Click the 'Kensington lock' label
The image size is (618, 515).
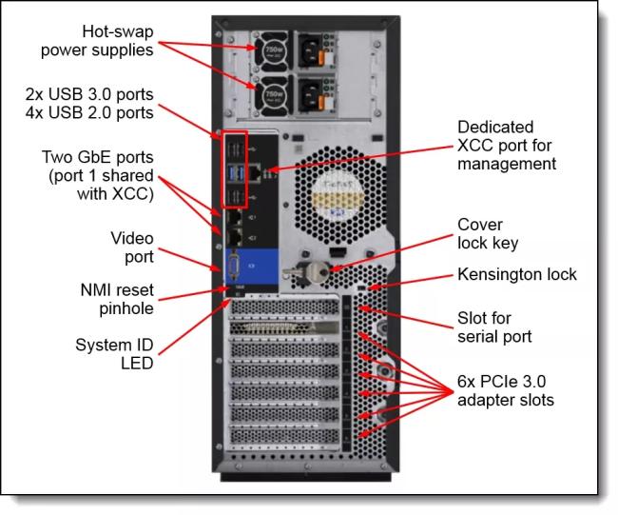[x=517, y=275]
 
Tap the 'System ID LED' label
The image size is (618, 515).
[x=117, y=353]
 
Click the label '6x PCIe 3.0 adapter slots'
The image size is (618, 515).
[x=506, y=389]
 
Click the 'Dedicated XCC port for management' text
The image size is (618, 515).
[x=507, y=145]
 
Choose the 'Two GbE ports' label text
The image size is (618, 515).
[x=97, y=156]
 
